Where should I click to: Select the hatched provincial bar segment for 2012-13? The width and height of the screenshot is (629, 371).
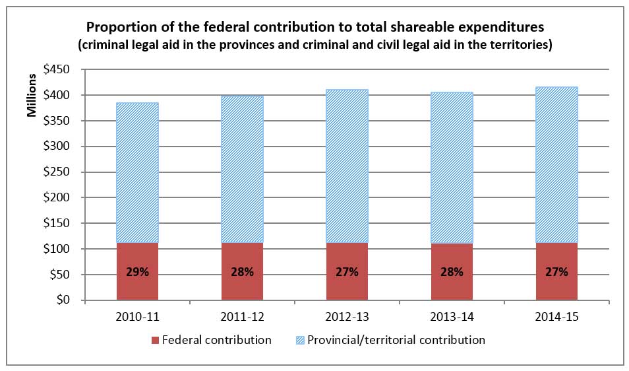(x=347, y=165)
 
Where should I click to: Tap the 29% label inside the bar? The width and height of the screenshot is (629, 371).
(x=137, y=271)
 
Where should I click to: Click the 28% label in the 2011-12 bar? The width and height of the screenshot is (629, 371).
(x=242, y=271)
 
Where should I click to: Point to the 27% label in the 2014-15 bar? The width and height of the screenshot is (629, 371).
(x=556, y=271)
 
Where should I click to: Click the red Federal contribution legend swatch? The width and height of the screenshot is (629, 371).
(x=156, y=341)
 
